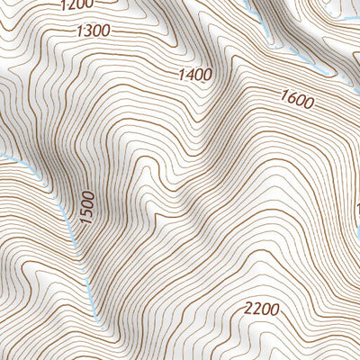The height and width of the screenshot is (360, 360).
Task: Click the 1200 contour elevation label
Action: tap(76, 5)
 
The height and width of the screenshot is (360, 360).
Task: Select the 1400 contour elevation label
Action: tap(195, 75)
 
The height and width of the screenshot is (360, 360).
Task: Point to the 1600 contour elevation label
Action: tap(297, 100)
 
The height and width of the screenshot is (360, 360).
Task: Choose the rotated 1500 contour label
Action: tap(86, 209)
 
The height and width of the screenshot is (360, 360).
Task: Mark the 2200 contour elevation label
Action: tap(261, 310)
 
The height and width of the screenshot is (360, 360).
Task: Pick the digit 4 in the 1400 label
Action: tap(190, 75)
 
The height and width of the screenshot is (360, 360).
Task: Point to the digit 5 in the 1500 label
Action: tap(86, 214)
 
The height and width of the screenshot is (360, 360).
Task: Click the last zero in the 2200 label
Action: tap(274, 310)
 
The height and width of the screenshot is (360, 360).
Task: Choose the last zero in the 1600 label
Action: tap(309, 104)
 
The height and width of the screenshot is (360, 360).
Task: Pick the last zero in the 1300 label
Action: tap(105, 31)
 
